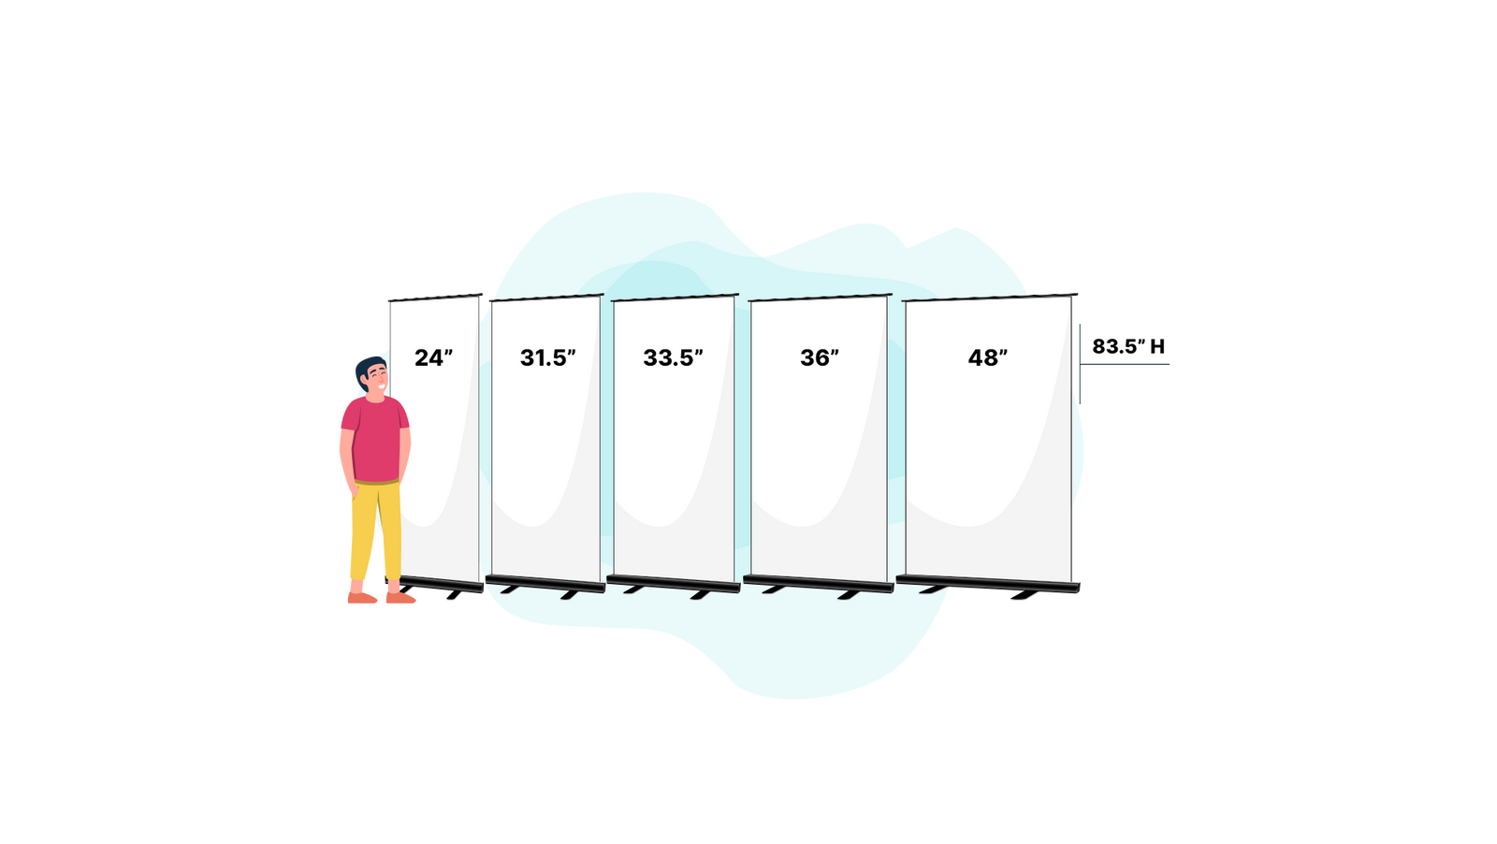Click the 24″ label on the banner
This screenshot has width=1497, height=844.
tap(433, 357)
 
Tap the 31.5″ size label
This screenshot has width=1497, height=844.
tap(548, 357)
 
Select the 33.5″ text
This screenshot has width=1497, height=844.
tap(673, 357)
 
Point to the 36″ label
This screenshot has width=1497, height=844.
tap(820, 357)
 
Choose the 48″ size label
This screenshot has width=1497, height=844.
tap(988, 357)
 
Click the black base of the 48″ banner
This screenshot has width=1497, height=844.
tap(988, 584)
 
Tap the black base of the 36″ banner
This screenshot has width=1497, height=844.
tap(820, 584)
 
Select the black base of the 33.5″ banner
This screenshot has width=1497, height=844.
tap(673, 583)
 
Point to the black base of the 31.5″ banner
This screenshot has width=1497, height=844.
tap(545, 583)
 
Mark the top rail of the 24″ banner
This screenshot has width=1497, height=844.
tap(434, 297)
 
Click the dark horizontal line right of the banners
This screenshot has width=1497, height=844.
tap(1126, 364)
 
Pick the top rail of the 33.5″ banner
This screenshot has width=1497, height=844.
tap(674, 298)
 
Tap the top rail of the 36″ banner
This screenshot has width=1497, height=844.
tap(819, 298)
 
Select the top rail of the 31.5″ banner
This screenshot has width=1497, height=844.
tap(545, 298)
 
